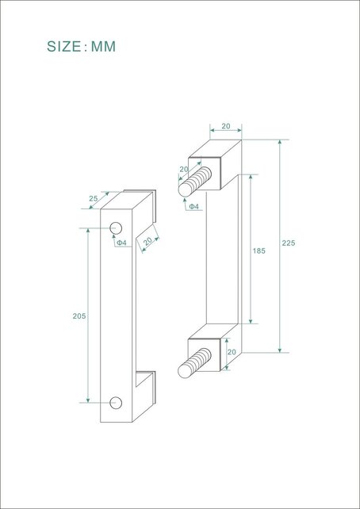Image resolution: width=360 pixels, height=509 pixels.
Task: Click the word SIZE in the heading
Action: [64, 47]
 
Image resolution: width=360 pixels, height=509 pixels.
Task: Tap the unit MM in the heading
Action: [103, 47]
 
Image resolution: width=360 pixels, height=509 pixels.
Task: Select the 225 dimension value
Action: [288, 243]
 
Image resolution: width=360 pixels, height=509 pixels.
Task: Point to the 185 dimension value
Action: [259, 251]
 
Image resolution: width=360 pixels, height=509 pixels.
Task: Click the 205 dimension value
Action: [79, 316]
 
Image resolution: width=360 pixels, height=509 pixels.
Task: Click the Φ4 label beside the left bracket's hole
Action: [121, 243]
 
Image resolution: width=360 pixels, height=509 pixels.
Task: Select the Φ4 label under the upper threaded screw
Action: [193, 207]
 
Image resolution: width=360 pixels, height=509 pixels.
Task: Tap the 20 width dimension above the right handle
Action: [225, 126]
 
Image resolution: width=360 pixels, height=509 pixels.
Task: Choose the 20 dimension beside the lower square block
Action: [232, 351]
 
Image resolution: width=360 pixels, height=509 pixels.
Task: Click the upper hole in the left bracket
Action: [117, 229]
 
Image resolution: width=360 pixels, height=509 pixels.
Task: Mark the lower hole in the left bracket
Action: [117, 402]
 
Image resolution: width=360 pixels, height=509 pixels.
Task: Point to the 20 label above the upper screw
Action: [184, 169]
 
